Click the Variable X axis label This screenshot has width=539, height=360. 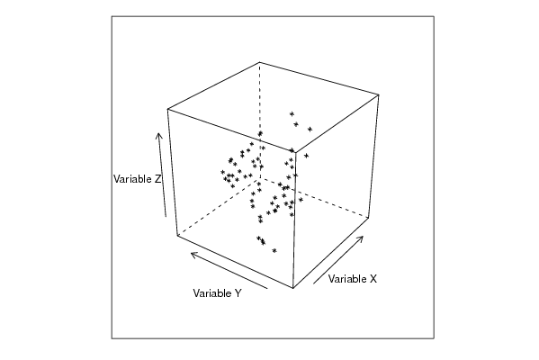click(353, 279)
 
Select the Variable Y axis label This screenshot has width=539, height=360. click(217, 293)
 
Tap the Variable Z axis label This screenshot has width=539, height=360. click(137, 179)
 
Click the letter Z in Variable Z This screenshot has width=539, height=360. click(157, 179)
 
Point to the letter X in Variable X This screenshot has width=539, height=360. click(373, 279)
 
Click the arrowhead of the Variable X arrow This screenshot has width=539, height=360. click(363, 237)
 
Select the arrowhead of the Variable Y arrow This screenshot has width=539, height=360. click(191, 255)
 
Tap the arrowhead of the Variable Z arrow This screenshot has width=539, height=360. click(158, 133)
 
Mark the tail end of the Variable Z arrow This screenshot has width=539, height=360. click(166, 217)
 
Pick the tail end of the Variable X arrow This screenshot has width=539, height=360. click(313, 283)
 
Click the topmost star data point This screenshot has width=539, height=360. click(292, 113)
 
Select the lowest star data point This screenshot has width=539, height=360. click(274, 251)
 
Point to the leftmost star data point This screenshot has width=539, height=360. click(222, 172)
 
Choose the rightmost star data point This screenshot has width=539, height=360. click(310, 130)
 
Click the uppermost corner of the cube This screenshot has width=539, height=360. click(260, 62)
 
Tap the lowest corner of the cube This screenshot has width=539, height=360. click(293, 288)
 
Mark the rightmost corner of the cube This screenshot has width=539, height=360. click(379, 94)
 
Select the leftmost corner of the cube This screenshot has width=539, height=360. click(167, 109)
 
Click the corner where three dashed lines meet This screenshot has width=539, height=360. click(260, 177)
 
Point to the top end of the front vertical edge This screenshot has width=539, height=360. click(296, 151)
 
